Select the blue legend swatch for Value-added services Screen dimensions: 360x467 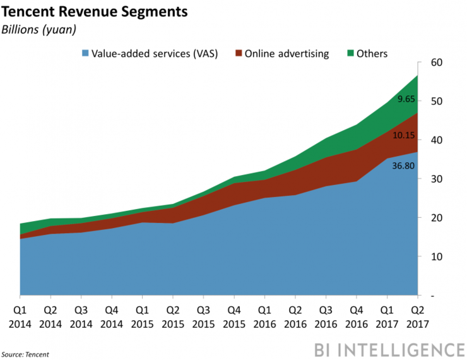click(84, 54)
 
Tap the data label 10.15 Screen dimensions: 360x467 click(405, 135)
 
